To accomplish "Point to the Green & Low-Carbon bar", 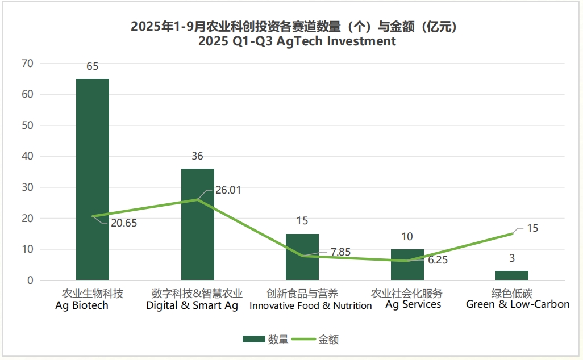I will [511, 275].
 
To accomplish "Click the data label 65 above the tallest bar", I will [93, 66].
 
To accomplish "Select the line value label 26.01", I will [228, 190].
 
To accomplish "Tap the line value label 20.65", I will [124, 223].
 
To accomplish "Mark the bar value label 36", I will [197, 156].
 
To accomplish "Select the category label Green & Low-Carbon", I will [517, 304].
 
